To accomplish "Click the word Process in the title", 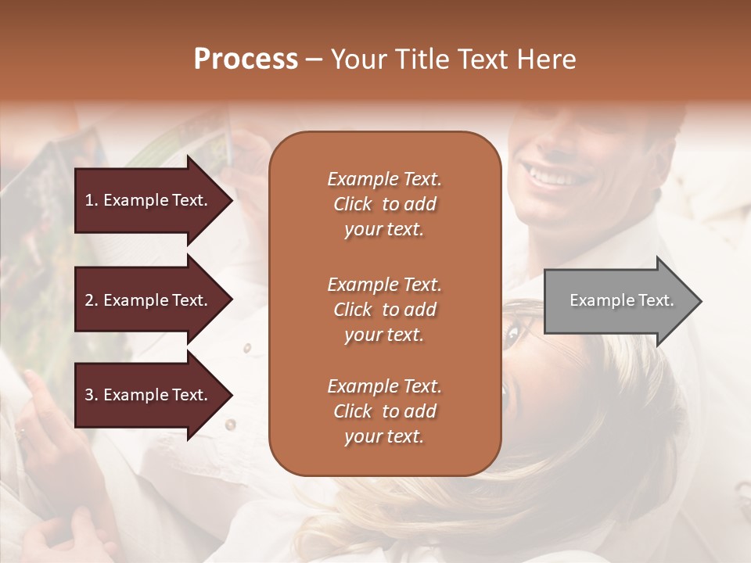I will pyautogui.click(x=246, y=59).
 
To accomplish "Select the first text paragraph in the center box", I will pyautogui.click(x=384, y=204).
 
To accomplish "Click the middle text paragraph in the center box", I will pyautogui.click(x=384, y=310).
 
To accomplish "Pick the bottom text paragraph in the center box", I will pyautogui.click(x=384, y=411).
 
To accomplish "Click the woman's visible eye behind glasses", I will pyautogui.click(x=513, y=335).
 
